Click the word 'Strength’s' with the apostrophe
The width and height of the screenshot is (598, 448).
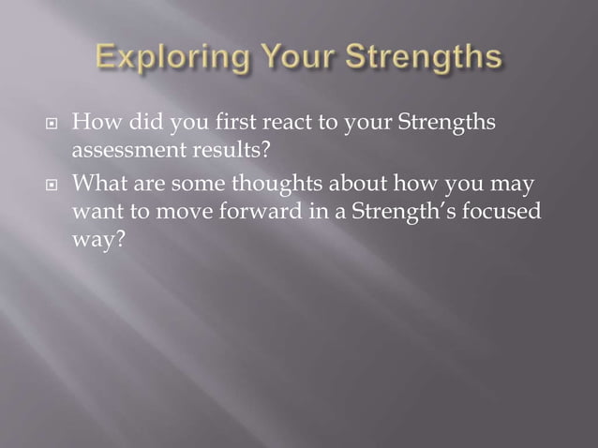tap(403, 212)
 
